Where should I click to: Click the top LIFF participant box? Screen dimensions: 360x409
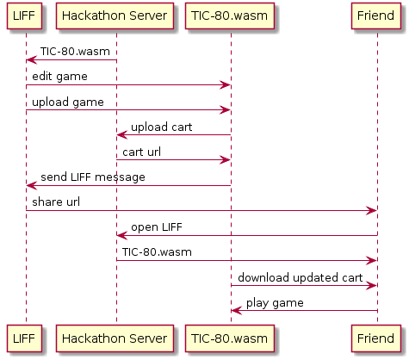[25, 17]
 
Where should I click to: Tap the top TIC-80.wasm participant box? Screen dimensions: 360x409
[230, 17]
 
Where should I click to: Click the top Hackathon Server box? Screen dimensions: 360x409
[115, 17]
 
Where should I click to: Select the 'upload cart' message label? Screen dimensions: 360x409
[161, 127]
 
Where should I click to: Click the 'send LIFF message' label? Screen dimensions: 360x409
[92, 177]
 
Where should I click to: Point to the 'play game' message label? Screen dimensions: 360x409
[274, 302]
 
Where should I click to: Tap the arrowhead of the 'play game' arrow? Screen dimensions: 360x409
[235, 310]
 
